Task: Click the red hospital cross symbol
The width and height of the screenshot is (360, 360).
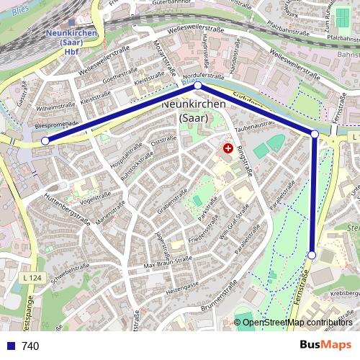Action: (228, 148)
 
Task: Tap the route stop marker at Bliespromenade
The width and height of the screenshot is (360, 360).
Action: (45, 141)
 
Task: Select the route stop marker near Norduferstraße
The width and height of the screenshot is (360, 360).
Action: (198, 86)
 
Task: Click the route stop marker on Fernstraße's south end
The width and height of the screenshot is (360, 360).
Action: (312, 255)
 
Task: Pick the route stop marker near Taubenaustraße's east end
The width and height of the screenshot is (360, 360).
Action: (315, 134)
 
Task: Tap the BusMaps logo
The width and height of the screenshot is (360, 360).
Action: (325, 345)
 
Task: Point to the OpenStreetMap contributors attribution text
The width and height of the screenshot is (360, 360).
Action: (297, 322)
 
